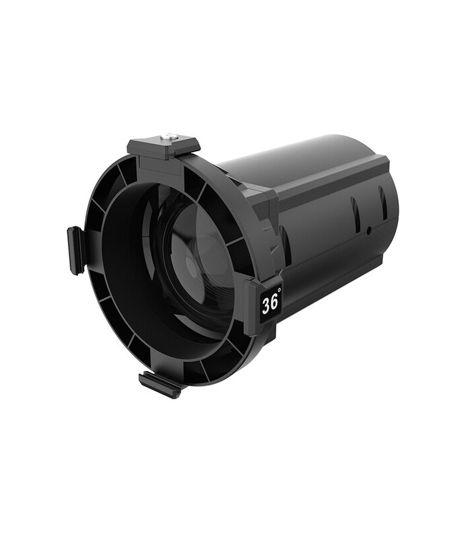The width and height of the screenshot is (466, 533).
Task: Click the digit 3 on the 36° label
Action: point(266,304)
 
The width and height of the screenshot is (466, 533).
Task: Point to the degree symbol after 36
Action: point(279,291)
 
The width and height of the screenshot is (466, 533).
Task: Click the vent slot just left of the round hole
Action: point(356,215)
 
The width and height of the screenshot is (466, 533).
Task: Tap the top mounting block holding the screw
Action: point(163,146)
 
